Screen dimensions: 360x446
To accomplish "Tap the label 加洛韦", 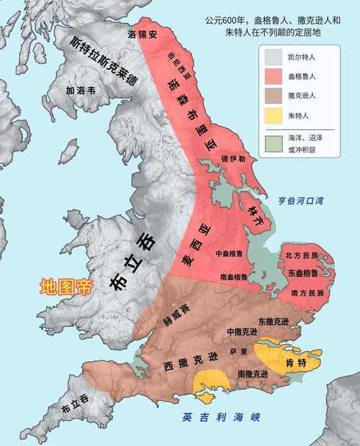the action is pos(79,91).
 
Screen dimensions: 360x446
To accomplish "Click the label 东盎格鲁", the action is pos(301,273).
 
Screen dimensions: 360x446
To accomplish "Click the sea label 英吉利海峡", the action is pos(220,417).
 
